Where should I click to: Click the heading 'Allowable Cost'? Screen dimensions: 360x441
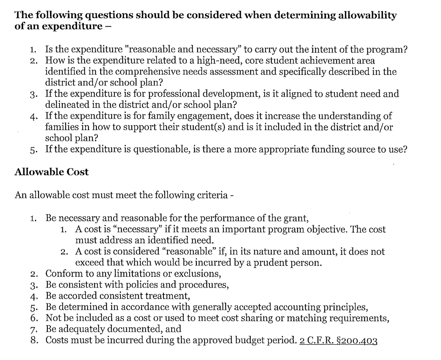(x=52, y=172)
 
